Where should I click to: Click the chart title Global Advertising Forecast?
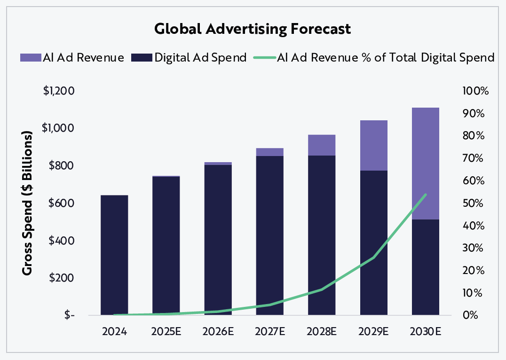click(253, 29)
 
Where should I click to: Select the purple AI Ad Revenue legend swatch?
click(30, 58)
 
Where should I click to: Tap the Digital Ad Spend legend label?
click(200, 58)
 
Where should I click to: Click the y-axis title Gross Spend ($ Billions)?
click(28, 203)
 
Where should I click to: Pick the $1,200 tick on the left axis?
click(59, 91)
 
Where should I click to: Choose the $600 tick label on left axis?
click(62, 203)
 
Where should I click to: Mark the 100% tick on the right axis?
click(475, 91)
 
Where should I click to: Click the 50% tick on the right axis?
click(474, 203)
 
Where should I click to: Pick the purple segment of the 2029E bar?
click(374, 145)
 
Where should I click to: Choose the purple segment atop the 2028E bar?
click(322, 145)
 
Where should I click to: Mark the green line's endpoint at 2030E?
click(426, 194)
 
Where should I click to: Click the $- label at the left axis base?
click(69, 315)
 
